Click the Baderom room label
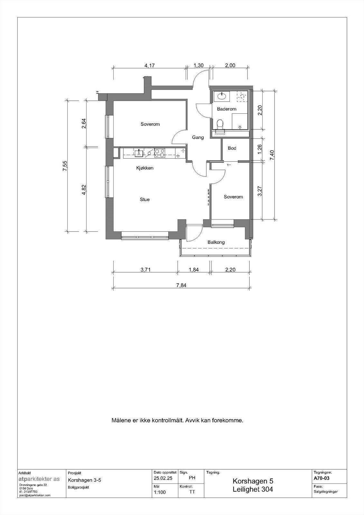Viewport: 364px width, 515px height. point(227,109)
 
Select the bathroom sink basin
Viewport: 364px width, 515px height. point(221,96)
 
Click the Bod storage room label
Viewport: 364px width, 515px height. point(232,148)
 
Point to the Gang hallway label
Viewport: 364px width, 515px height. point(198,137)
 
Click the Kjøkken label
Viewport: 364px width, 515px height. point(145,168)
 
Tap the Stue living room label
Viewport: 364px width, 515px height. point(145,200)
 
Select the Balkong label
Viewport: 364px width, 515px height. point(216,242)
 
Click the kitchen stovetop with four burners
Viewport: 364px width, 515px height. point(160,153)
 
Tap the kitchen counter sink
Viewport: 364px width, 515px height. point(139,152)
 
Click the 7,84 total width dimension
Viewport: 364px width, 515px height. point(181,285)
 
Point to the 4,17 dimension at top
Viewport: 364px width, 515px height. point(149,65)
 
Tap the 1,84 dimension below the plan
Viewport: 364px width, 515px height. point(193,270)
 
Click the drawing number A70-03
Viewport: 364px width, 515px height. point(321,478)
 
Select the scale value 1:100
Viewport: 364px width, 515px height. point(160,492)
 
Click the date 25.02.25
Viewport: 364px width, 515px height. point(163,478)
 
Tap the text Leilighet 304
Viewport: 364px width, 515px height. point(253,490)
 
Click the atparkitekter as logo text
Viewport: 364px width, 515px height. point(39,479)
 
